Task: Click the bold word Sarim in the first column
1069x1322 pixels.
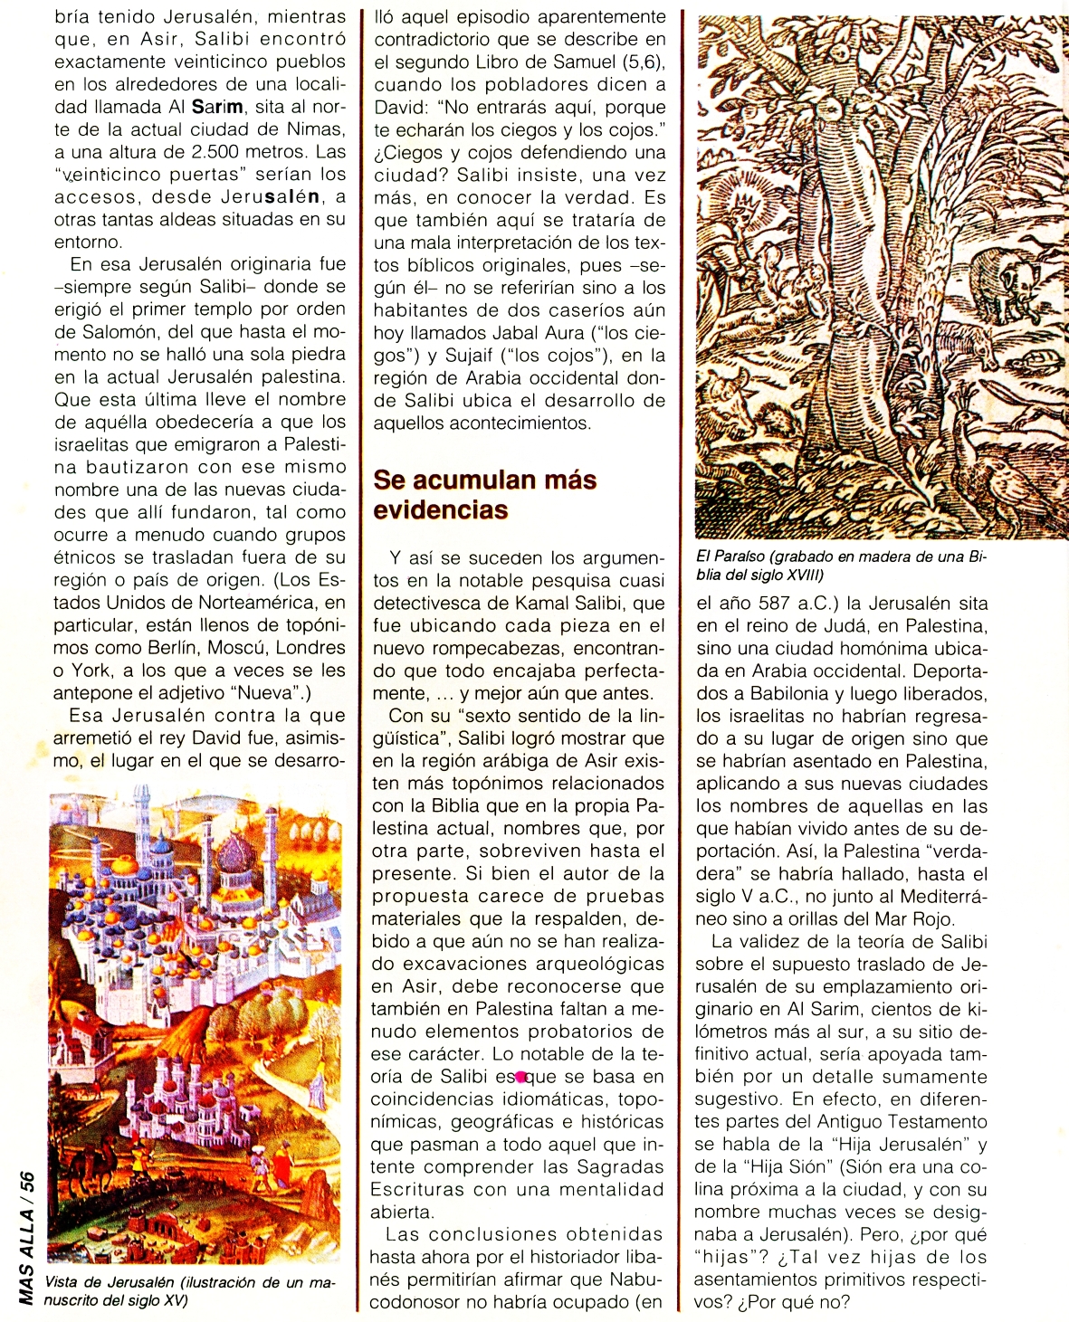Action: [x=217, y=107]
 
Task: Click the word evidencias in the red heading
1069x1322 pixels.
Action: [x=441, y=509]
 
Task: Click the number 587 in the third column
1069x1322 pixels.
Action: [x=768, y=604]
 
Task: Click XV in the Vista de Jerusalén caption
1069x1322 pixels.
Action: [x=177, y=1300]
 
